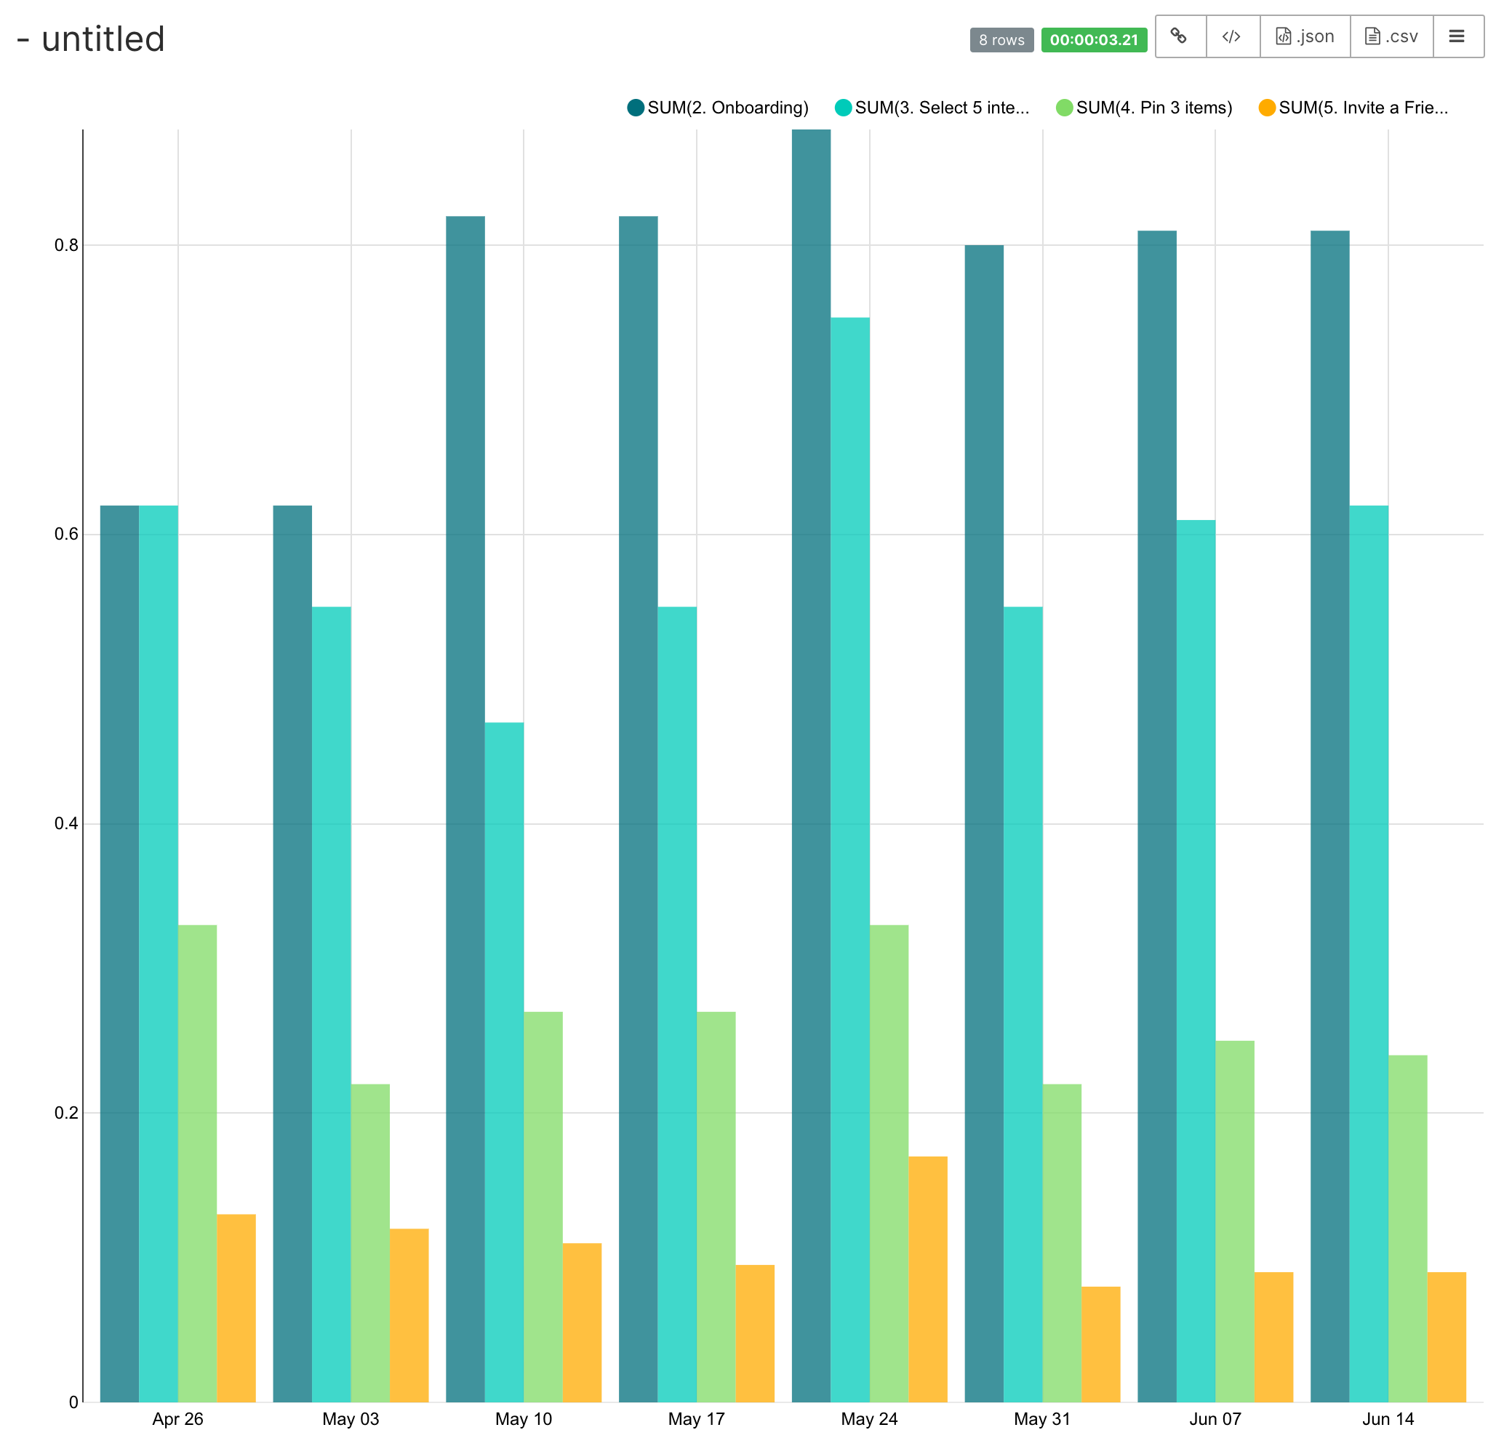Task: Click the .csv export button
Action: (1391, 36)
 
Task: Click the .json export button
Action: (1305, 36)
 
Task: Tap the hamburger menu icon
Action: (1457, 36)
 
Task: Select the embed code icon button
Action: (1231, 36)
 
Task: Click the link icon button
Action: (1180, 36)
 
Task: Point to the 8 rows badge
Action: (1001, 40)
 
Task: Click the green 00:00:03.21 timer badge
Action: (1094, 40)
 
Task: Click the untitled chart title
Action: (103, 39)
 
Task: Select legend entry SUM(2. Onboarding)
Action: (719, 108)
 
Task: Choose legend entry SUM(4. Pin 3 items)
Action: (1144, 108)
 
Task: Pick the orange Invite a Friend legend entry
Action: (1353, 108)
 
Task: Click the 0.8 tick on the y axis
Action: (66, 245)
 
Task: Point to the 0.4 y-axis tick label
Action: (66, 823)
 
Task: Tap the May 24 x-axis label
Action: (868, 1418)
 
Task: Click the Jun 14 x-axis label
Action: (1388, 1418)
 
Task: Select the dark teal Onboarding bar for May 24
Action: (811, 767)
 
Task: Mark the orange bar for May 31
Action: (1100, 1343)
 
